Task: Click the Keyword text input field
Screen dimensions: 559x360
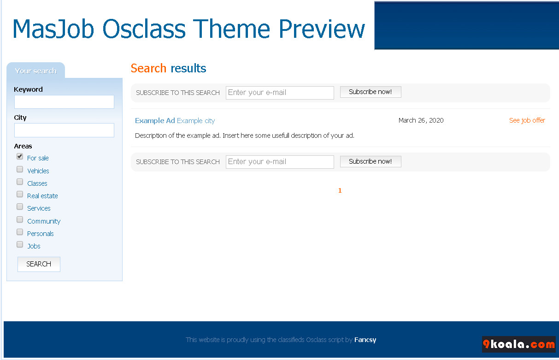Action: [x=64, y=102]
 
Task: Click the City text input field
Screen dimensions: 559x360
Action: [x=64, y=130]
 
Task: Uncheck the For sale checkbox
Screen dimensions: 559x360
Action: [x=20, y=157]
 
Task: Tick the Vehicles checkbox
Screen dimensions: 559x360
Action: [x=20, y=169]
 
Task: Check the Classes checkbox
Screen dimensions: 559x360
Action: [x=20, y=182]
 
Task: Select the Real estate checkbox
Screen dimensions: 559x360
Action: [x=20, y=194]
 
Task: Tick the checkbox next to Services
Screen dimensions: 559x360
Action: [x=20, y=207]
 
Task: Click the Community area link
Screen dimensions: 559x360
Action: [x=44, y=221]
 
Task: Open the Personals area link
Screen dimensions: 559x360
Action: [x=41, y=234]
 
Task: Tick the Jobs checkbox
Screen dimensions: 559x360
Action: [x=20, y=244]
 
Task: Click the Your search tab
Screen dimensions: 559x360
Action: [x=35, y=71]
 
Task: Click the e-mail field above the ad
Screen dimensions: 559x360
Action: [x=280, y=93]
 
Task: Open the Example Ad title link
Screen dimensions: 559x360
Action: [x=155, y=121]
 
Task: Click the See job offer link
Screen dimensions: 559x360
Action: [x=527, y=121]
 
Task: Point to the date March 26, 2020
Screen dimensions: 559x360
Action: [x=421, y=120]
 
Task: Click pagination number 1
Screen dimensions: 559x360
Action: [x=340, y=190]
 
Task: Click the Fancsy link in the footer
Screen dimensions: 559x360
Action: [x=365, y=340]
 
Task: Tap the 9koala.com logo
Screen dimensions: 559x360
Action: [x=519, y=344]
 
